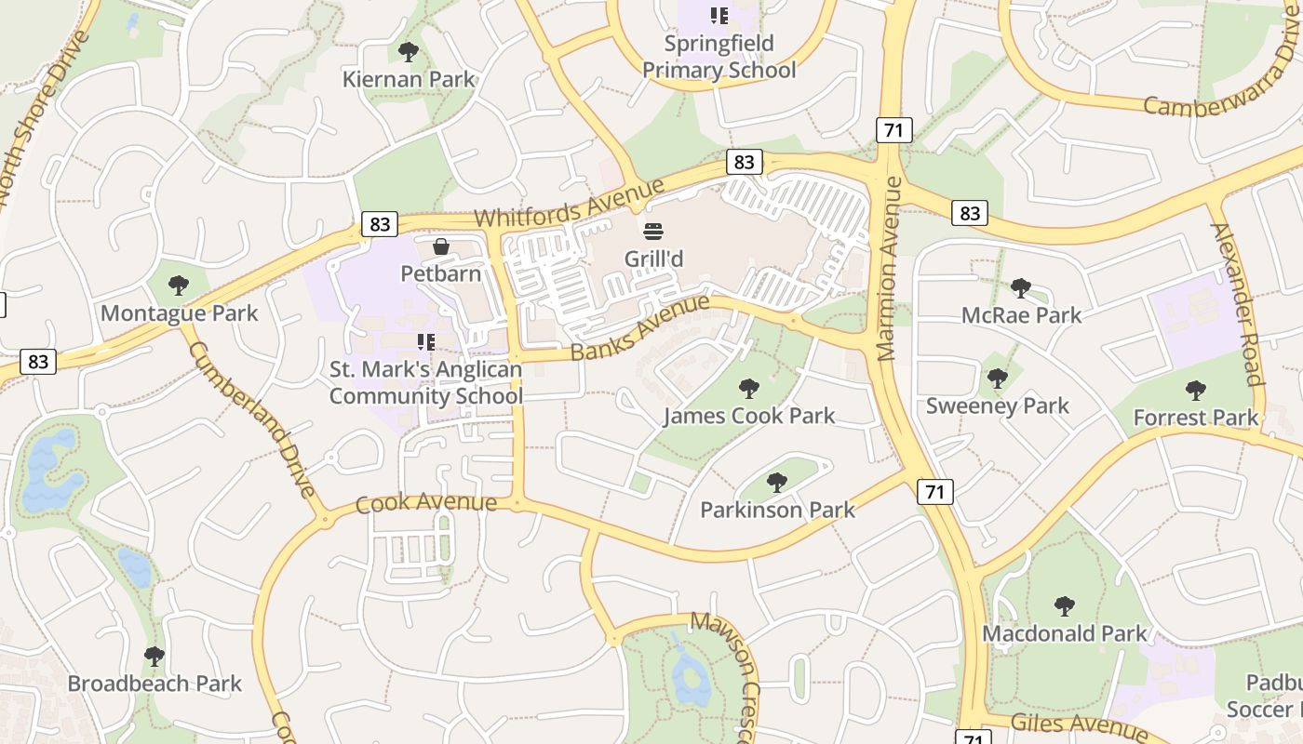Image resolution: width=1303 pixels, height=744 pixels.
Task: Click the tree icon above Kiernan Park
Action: tap(408, 52)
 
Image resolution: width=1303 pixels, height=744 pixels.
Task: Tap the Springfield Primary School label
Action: tap(719, 57)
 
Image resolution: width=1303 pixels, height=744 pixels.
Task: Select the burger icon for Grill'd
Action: tap(653, 231)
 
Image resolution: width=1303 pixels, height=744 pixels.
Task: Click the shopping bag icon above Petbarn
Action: tap(441, 246)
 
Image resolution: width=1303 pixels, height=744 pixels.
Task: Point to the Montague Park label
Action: tap(179, 312)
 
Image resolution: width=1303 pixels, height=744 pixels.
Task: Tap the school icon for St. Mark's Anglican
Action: tap(426, 342)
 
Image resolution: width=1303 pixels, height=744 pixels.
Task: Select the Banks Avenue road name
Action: tap(639, 327)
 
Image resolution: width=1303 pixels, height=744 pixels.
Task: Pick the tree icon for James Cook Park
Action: tap(748, 389)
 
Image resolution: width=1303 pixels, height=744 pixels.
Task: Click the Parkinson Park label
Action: tap(777, 510)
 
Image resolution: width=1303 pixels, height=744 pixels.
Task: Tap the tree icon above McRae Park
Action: tap(1021, 288)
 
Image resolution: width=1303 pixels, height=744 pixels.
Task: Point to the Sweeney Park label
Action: tap(997, 405)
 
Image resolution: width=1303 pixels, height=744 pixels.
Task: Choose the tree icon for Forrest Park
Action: tap(1195, 391)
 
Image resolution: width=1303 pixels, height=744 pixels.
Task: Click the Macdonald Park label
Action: tap(1065, 633)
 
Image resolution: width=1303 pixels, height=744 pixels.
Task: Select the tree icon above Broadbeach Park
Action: tap(154, 657)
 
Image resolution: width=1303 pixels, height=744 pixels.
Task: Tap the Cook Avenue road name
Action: tap(426, 503)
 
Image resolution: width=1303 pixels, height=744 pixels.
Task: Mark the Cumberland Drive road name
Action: tap(252, 419)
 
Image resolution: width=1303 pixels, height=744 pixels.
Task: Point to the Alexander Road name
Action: tap(1236, 303)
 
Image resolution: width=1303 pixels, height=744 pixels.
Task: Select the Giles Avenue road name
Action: tap(1079, 724)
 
